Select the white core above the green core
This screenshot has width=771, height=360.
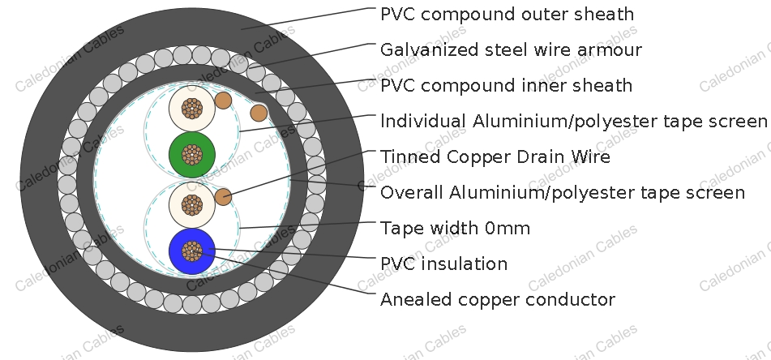192,108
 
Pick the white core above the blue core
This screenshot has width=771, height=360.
192,204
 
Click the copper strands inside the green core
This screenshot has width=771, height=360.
192,154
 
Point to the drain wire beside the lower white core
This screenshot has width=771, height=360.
223,197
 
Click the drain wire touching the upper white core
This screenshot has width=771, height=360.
223,101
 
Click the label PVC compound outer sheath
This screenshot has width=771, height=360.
507,15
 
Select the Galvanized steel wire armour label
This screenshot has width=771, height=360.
511,50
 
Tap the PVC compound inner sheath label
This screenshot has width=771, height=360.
506,86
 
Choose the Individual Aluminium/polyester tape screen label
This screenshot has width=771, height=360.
573,121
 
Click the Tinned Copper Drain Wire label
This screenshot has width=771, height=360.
495,156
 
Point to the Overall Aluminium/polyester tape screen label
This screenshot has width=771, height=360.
563,192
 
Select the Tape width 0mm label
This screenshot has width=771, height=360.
456,228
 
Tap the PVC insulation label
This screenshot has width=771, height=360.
444,264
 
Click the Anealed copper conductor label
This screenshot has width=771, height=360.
498,299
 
